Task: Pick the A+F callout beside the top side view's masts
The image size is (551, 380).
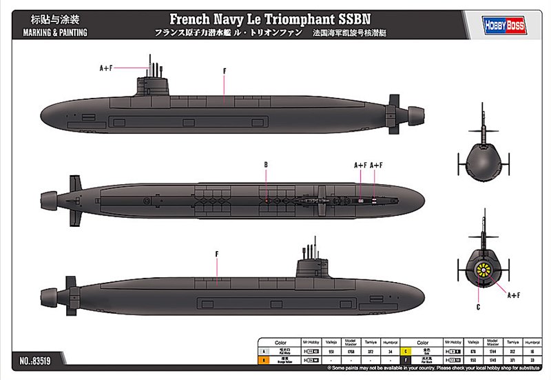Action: click(x=105, y=68)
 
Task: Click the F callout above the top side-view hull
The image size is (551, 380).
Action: click(x=225, y=71)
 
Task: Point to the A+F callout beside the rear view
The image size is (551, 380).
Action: click(x=514, y=296)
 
